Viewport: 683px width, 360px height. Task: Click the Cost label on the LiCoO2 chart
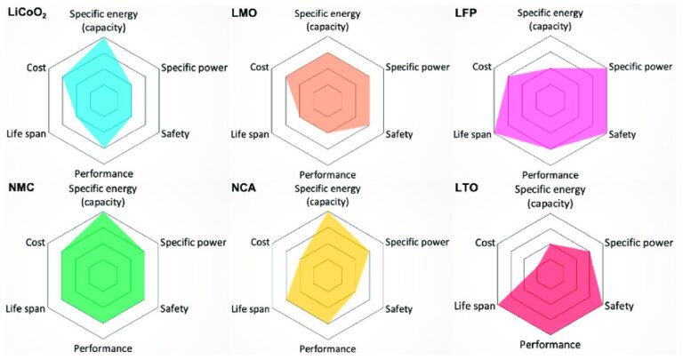[36, 68]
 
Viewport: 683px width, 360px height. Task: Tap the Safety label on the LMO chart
[398, 134]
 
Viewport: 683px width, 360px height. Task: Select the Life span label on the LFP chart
[472, 134]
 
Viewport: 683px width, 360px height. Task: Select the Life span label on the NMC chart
[27, 308]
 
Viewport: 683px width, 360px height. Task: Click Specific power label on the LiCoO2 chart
[195, 68]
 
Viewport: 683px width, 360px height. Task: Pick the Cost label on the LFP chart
[481, 68]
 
